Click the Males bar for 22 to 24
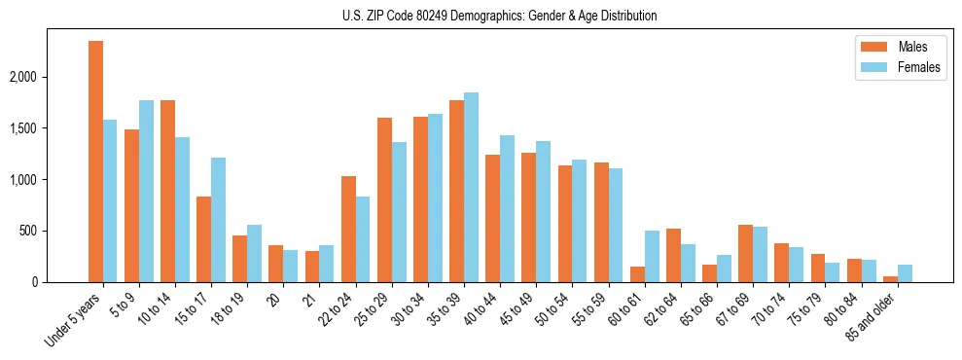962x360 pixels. tap(348, 230)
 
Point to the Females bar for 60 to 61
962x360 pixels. tap(651, 257)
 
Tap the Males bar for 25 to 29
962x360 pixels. tap(384, 200)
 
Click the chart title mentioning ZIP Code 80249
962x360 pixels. tap(499, 16)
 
